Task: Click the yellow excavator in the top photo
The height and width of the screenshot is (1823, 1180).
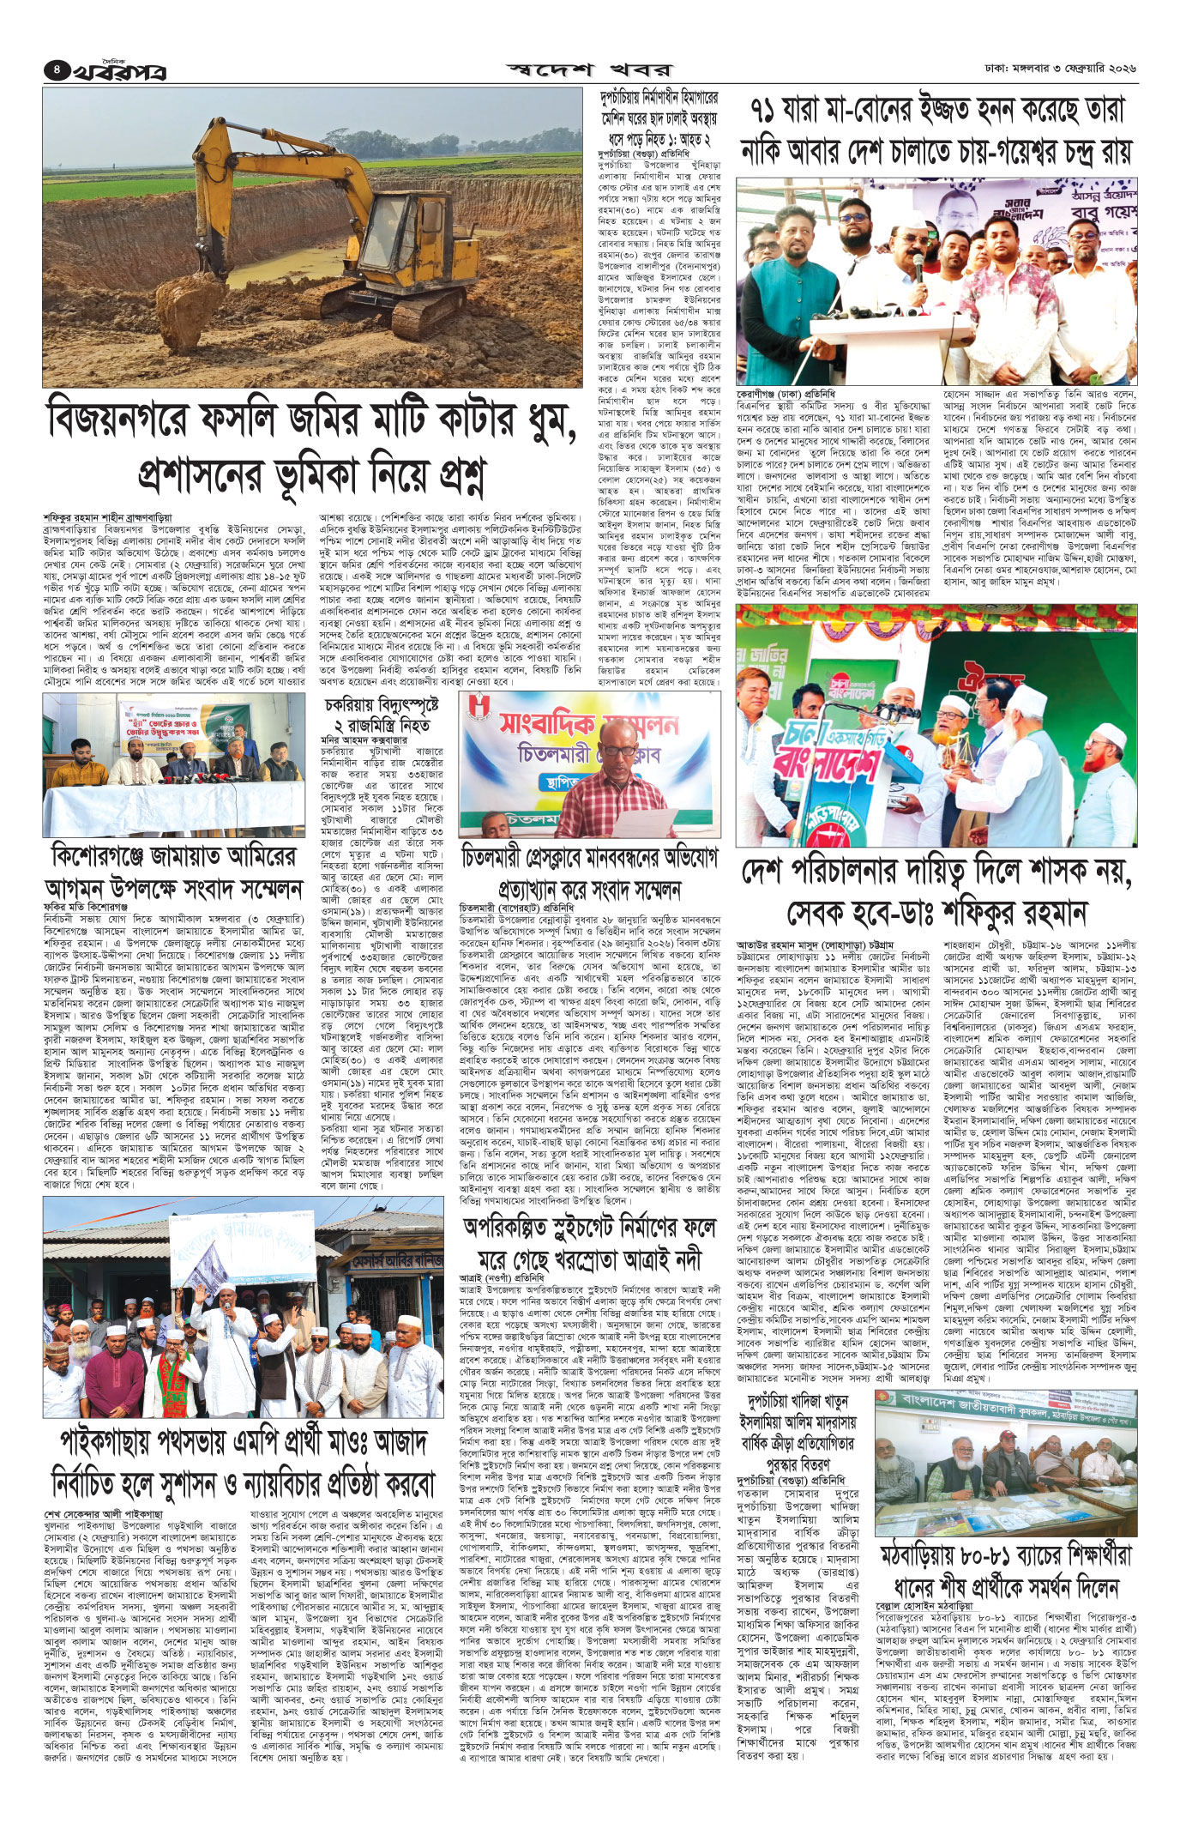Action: pyautogui.click(x=283, y=214)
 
